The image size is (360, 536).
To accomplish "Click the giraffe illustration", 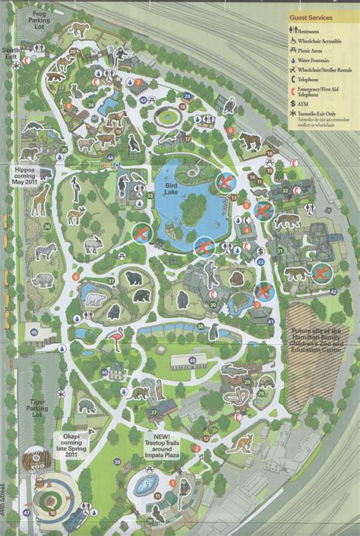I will (x=39, y=199).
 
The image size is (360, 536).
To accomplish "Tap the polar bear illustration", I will (x=94, y=299).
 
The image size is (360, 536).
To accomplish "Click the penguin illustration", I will (x=215, y=331).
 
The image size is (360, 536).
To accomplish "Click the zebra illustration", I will (x=46, y=251).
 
